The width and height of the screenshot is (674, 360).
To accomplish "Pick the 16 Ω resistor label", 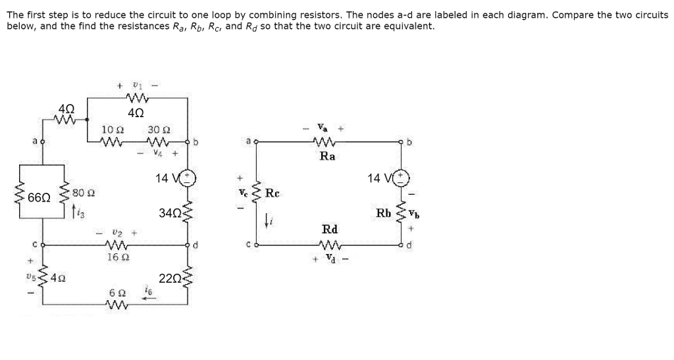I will [115, 257].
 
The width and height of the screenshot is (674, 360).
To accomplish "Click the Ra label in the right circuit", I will [327, 157].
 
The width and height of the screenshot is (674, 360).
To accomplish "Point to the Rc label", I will [273, 193].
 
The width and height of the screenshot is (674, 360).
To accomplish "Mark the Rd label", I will [330, 230].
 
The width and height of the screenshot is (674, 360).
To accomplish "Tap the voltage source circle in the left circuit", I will [188, 177].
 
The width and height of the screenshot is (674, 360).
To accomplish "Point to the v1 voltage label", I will [136, 85].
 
